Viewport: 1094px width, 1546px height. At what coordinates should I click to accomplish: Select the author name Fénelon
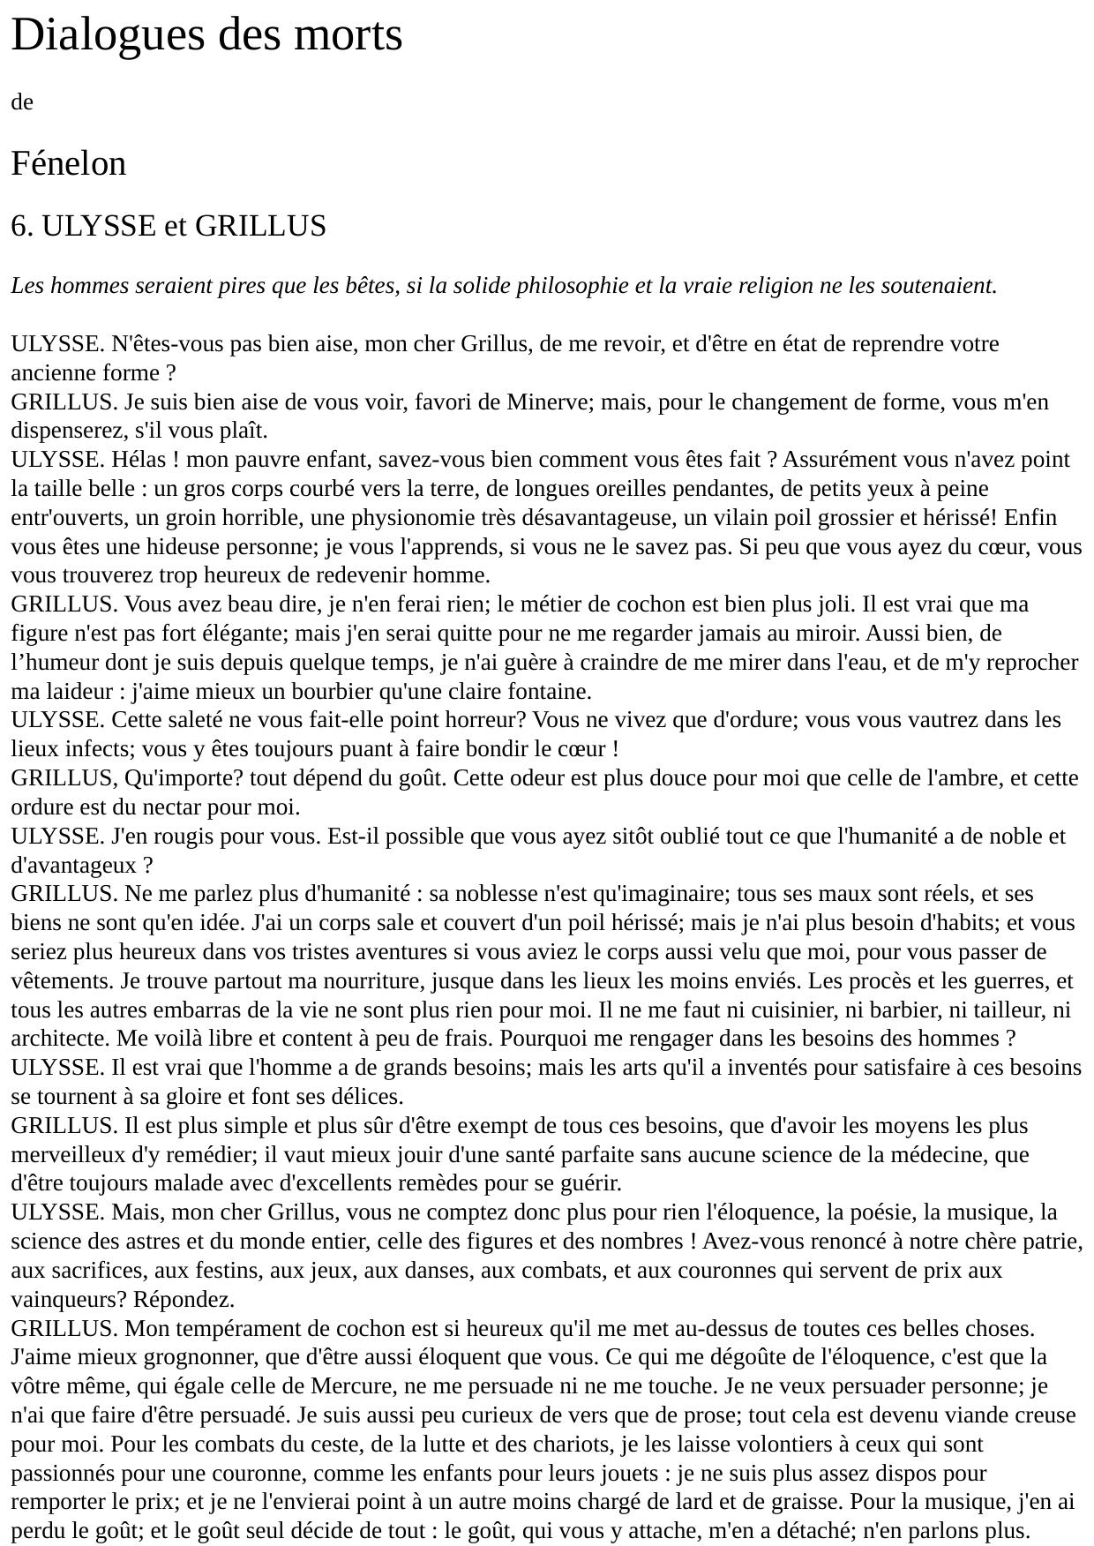point(69,164)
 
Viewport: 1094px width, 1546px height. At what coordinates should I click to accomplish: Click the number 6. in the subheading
point(22,226)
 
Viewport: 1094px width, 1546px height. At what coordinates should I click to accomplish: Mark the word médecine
point(955,1154)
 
